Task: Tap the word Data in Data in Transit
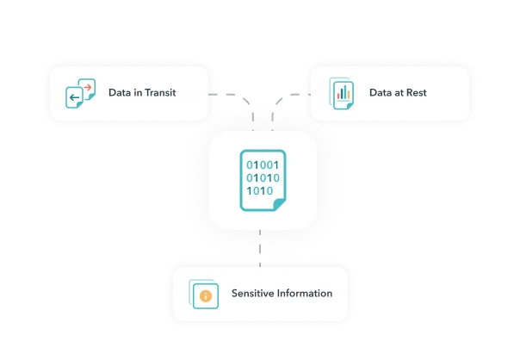120,92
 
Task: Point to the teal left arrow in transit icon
75,97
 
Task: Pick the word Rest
417,92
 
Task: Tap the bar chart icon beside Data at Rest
342,92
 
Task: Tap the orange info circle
206,295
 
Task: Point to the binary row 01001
263,164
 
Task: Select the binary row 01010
263,177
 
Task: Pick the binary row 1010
259,190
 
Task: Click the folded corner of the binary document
279,203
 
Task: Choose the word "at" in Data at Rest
399,92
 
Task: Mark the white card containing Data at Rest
390,92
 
